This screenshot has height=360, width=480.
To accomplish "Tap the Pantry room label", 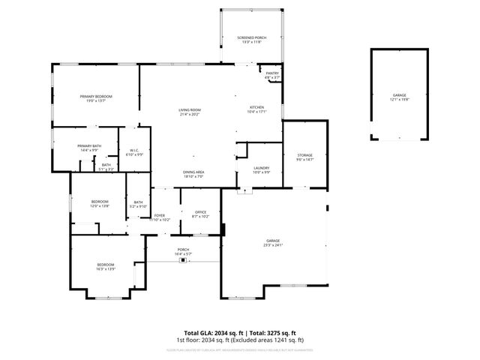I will [x=272, y=73].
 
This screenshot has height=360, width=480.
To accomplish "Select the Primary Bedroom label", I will [x=97, y=96].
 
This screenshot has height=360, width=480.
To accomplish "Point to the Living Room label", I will [x=190, y=109].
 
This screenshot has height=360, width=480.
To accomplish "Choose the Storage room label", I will [x=304, y=154].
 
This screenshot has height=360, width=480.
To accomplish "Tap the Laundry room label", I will [x=261, y=167].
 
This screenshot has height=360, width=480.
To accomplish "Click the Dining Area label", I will [x=193, y=172].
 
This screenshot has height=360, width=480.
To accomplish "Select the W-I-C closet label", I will [x=134, y=151].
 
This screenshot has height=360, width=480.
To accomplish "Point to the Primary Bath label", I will [x=89, y=146].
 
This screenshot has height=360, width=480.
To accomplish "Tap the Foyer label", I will [x=159, y=215].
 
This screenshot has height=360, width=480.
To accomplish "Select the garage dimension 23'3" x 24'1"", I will [x=273, y=245].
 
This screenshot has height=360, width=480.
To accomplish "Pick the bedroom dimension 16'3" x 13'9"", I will [x=106, y=268].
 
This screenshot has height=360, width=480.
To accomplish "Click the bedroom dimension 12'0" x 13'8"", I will [x=100, y=205].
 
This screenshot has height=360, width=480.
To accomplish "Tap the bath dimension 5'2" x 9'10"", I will [x=139, y=206].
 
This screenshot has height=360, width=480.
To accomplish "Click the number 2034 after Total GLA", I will [x=226, y=332].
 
